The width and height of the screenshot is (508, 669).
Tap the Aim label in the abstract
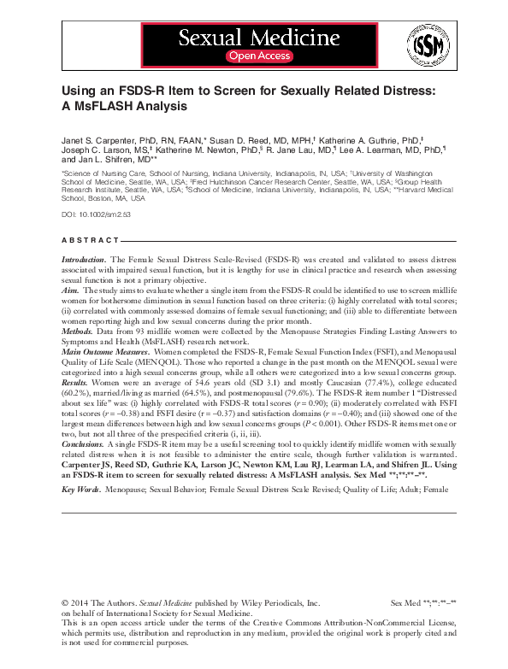click(70, 290)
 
